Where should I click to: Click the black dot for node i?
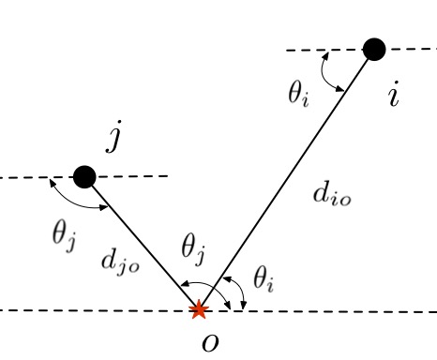click(374, 48)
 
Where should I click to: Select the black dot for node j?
click(84, 175)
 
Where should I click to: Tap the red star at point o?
click(199, 309)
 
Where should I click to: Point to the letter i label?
click(395, 95)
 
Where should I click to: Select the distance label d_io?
click(333, 196)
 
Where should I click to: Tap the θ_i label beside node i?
click(299, 93)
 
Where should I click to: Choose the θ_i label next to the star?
click(264, 278)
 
